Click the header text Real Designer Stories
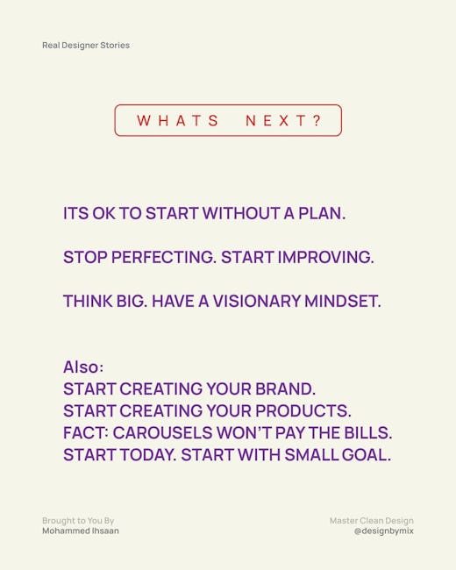(x=86, y=46)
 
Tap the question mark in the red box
(x=317, y=120)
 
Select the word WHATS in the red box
(x=178, y=121)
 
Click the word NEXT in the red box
(x=276, y=121)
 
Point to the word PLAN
(x=322, y=213)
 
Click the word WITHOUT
(x=241, y=213)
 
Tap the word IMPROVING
(x=326, y=257)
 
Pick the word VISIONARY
(x=256, y=302)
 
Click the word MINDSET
(x=343, y=302)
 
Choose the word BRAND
(x=285, y=389)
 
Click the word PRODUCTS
(x=303, y=411)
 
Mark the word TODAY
(x=148, y=455)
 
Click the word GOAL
(x=367, y=455)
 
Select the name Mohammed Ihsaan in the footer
(x=81, y=531)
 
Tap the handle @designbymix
(x=383, y=531)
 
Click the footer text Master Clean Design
(x=372, y=521)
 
